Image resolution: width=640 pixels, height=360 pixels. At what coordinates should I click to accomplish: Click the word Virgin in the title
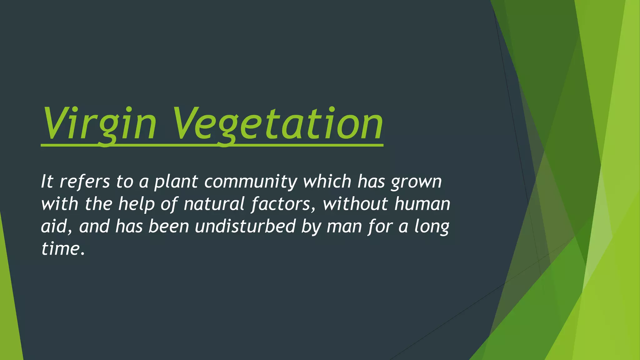98,123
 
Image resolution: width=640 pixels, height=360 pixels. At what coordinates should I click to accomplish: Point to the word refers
85,181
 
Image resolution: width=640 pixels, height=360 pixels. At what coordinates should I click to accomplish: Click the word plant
176,182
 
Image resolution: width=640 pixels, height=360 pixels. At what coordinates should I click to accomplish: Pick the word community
251,182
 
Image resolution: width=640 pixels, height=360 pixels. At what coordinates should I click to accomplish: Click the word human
422,204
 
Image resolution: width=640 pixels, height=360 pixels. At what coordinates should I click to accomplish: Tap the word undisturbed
245,226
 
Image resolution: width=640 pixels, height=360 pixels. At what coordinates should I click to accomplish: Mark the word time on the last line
60,249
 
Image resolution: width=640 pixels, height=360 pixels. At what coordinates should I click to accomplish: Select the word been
169,226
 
